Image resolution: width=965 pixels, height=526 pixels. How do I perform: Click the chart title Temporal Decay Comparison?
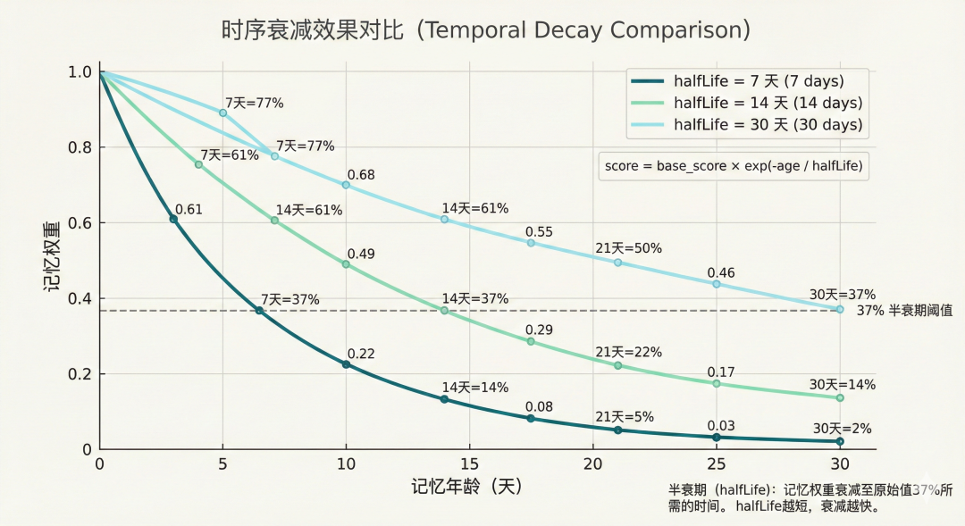(485, 30)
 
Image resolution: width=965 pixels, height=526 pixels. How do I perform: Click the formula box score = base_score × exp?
(734, 166)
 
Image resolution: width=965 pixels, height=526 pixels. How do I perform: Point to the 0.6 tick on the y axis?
(81, 222)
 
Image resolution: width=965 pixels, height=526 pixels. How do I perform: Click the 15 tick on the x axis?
(469, 464)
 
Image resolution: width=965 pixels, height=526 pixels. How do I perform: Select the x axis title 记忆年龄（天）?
(467, 487)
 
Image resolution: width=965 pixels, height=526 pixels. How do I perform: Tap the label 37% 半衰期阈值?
(904, 311)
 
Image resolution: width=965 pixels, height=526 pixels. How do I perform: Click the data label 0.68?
(360, 175)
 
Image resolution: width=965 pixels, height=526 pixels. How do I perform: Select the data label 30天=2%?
(842, 428)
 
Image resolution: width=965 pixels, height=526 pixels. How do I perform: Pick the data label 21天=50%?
(628, 248)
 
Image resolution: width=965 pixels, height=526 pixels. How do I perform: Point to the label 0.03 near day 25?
(721, 426)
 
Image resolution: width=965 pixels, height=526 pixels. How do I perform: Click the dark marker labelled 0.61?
(173, 219)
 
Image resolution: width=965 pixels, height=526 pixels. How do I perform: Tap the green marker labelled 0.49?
(346, 264)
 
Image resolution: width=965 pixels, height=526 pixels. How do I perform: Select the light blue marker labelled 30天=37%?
(840, 309)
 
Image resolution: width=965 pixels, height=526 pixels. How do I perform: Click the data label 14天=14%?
(474, 388)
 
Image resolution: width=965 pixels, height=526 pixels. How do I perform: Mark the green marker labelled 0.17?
(716, 383)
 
